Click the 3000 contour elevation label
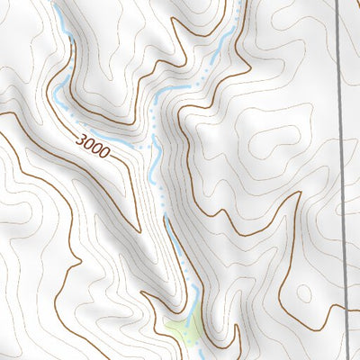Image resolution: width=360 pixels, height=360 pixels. (94, 146)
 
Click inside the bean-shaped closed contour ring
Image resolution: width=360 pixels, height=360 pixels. (270, 144)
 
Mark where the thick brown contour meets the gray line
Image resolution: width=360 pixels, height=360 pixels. (346, 308)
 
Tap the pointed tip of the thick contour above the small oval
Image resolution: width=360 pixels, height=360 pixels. (297, 194)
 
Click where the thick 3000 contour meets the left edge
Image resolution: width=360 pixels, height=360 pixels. (2, 112)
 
